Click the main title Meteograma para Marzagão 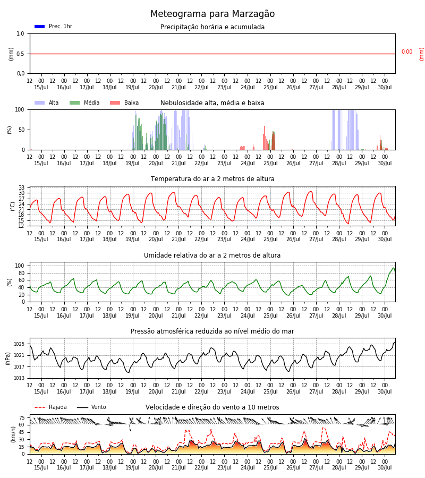212,14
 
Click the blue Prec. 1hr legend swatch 40,27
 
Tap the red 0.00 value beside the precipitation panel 407,52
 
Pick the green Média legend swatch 75,103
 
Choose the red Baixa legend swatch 115,103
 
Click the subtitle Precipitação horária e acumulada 212,27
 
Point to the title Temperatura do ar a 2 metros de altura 212,179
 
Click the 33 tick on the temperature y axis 22,187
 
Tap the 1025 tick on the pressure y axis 19,344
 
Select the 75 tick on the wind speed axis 22,418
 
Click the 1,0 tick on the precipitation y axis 20,34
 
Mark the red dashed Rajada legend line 40,407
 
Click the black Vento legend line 82,407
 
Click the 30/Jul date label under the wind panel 385,467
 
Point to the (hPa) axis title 8,358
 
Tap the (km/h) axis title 13,434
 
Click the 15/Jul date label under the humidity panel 41,315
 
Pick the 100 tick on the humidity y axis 20,266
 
